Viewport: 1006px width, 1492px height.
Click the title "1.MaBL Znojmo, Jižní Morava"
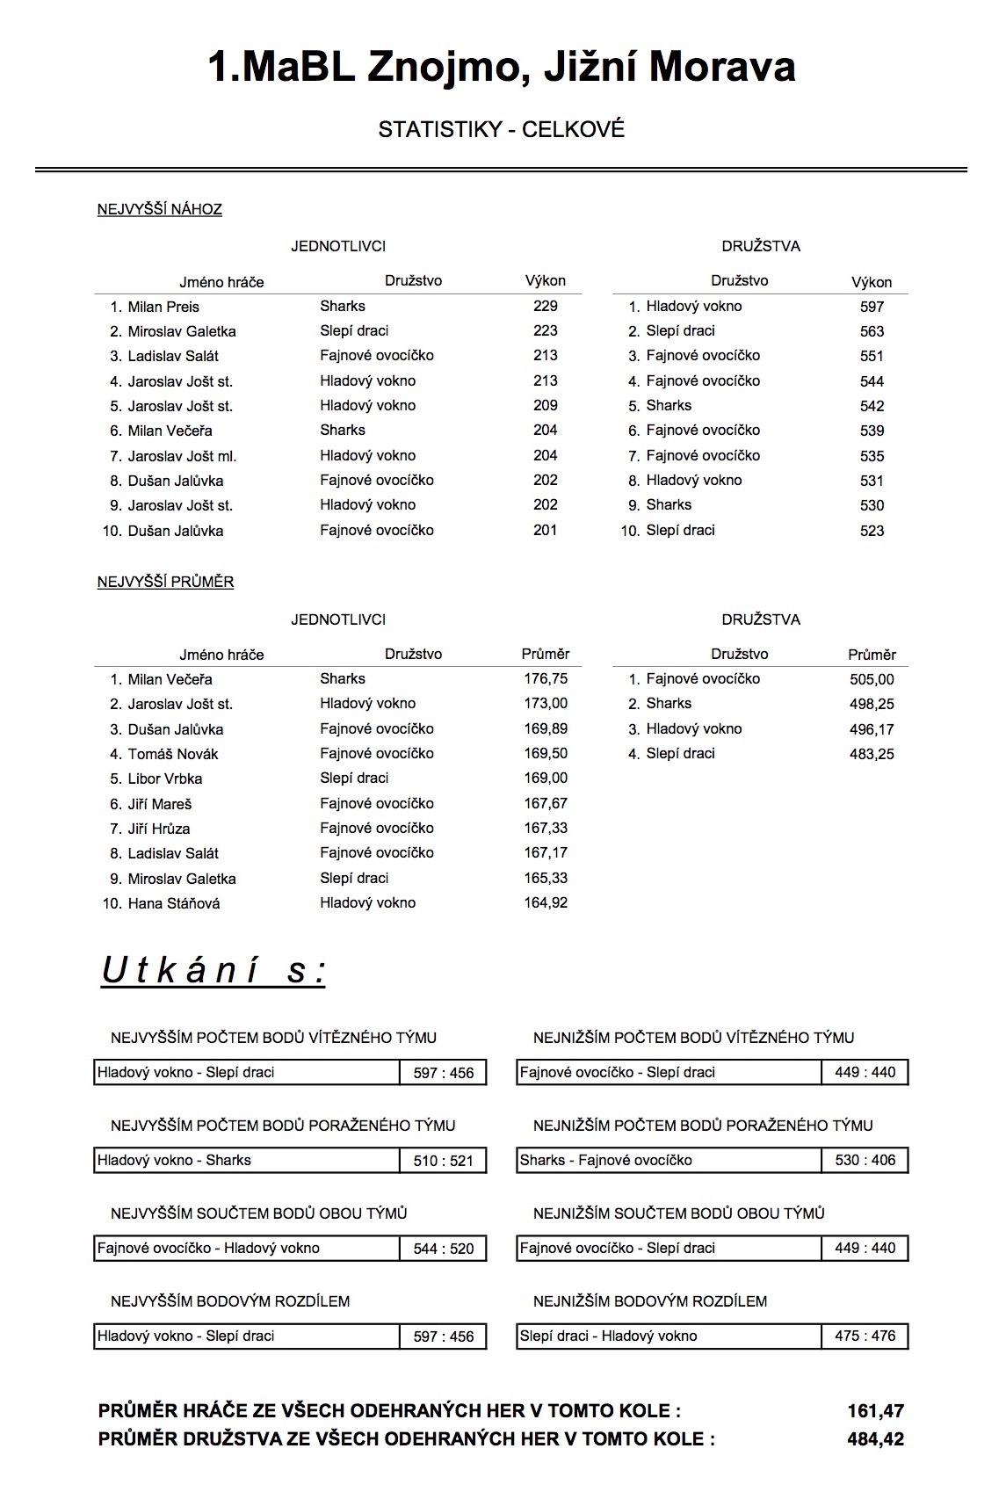point(502,67)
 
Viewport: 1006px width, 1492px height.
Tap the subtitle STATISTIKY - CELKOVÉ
point(502,129)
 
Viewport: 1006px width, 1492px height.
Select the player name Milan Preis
point(163,307)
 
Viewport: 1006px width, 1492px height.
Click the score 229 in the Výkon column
point(545,306)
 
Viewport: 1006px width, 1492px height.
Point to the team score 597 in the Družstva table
point(872,307)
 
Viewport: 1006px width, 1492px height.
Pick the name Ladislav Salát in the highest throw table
point(173,356)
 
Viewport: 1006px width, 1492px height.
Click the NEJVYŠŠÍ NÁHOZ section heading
point(159,209)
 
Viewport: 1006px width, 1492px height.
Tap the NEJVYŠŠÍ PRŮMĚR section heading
point(165,582)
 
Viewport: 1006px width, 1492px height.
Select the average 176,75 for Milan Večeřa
point(546,678)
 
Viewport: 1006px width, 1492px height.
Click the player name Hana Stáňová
point(174,903)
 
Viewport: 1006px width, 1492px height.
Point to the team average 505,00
point(872,679)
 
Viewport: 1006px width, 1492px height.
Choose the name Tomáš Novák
point(173,754)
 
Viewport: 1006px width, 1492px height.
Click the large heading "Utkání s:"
point(214,971)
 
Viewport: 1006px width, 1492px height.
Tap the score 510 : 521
point(443,1161)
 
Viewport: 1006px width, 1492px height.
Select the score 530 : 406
point(865,1160)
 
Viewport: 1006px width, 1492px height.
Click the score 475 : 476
point(865,1336)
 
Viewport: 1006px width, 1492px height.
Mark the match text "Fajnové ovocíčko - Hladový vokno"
point(208,1248)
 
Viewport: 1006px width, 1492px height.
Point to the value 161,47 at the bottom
point(875,1411)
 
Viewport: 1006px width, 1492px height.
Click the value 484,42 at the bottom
point(875,1438)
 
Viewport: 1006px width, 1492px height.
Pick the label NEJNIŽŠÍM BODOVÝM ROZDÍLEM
point(649,1300)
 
